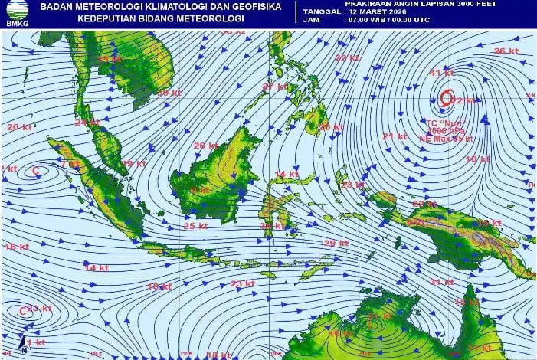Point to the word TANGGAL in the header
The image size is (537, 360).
pos(323,12)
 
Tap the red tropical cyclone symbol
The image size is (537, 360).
pos(447,97)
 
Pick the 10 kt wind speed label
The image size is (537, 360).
pos(476,159)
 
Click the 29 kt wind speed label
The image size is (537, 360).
pos(336,243)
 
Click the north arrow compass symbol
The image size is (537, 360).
pos(24,345)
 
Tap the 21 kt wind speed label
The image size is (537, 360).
pos(395,136)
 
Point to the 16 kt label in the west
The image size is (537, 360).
pos(16,247)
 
